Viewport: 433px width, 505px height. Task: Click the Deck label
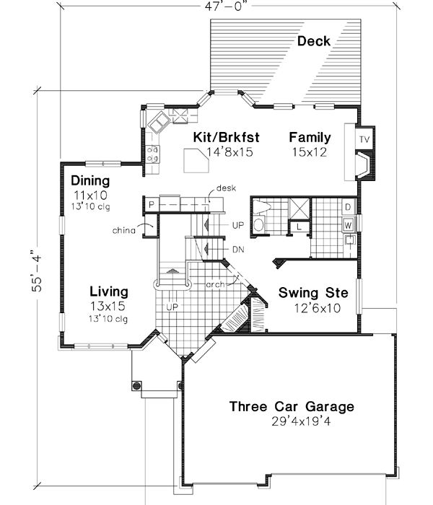(x=314, y=41)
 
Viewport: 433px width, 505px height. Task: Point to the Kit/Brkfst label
(x=226, y=137)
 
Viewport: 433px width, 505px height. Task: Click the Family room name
(x=310, y=137)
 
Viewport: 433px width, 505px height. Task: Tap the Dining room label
(x=90, y=181)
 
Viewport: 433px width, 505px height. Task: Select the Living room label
(x=109, y=292)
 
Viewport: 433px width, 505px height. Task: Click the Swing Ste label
(x=314, y=294)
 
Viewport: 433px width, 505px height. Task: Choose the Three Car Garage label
(x=292, y=407)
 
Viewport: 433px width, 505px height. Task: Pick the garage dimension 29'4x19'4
(x=292, y=422)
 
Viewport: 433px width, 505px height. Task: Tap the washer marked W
(x=348, y=225)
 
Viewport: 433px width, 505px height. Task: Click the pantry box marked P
(x=152, y=206)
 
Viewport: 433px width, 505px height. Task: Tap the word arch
(x=214, y=284)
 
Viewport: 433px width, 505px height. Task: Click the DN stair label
(x=238, y=249)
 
